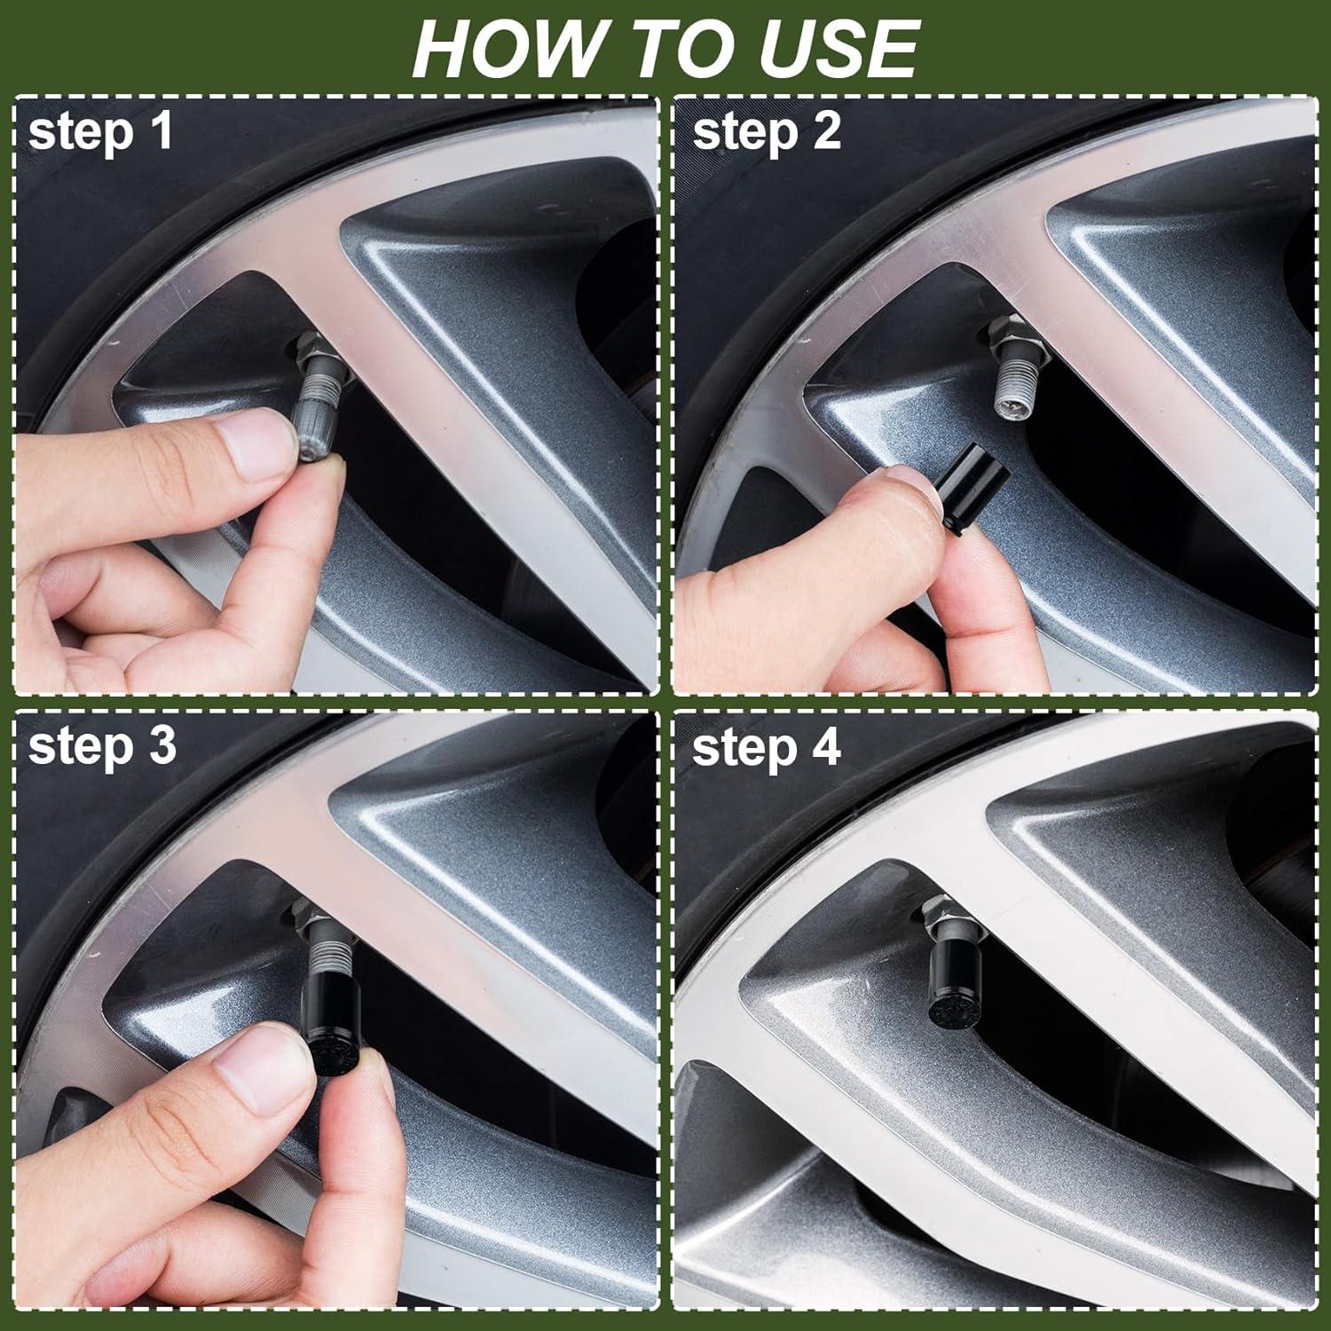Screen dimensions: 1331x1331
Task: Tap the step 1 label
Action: coord(100,131)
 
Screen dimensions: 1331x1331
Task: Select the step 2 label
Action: coord(766,131)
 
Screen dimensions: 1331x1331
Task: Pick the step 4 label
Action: coord(766,748)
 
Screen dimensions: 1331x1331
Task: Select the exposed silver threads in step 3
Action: coord(325,954)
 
